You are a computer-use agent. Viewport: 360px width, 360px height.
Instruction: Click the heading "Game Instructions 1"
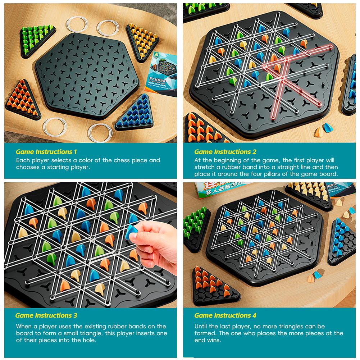[x=46, y=152]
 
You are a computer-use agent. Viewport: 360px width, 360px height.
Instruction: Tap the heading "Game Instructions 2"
[x=225, y=152]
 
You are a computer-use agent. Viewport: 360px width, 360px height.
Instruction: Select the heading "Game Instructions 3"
[x=46, y=315]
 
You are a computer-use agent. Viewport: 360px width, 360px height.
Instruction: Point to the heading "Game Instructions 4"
[x=225, y=315]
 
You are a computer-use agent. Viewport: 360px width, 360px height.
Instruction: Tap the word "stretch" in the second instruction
[x=205, y=167]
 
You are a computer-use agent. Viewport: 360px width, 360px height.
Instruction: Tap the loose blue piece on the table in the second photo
[x=327, y=128]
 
